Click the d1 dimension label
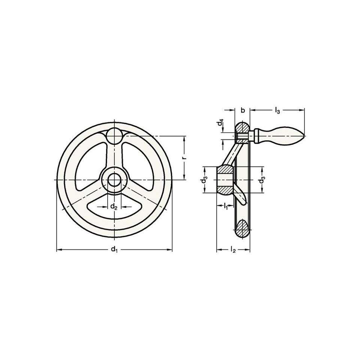click(x=114, y=249)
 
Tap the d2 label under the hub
click(x=114, y=207)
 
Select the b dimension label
click(x=243, y=110)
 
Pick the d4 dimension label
click(x=220, y=123)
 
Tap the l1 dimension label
click(x=225, y=206)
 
